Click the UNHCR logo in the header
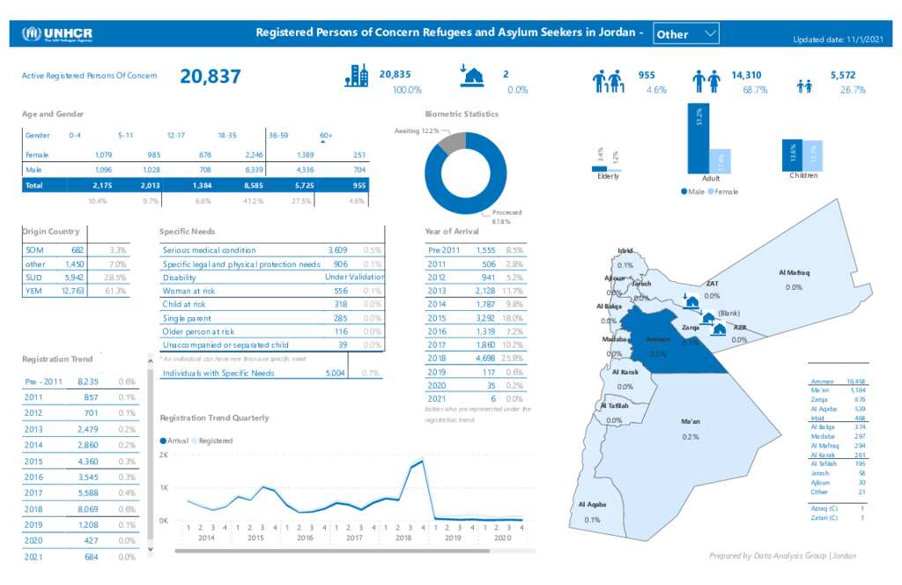click(x=58, y=34)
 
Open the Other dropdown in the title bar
click(x=686, y=34)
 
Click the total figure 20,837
click(x=211, y=77)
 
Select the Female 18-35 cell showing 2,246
click(x=249, y=154)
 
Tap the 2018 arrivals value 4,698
click(x=484, y=358)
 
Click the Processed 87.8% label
click(x=506, y=217)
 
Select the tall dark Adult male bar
click(x=698, y=139)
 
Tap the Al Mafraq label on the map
click(x=794, y=273)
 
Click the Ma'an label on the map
click(x=691, y=422)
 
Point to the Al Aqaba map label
click(x=591, y=505)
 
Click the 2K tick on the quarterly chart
click(x=164, y=455)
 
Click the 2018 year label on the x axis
click(x=403, y=537)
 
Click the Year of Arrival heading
click(x=452, y=232)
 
